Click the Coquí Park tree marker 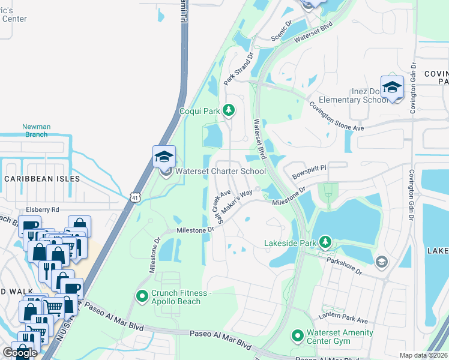(228, 110)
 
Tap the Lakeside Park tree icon (325, 242)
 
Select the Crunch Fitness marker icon (142, 296)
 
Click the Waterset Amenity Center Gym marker (297, 335)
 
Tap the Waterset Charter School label (220, 171)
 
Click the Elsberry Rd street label (43, 209)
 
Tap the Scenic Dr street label (281, 29)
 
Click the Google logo (20, 352)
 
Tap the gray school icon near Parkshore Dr (381, 262)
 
